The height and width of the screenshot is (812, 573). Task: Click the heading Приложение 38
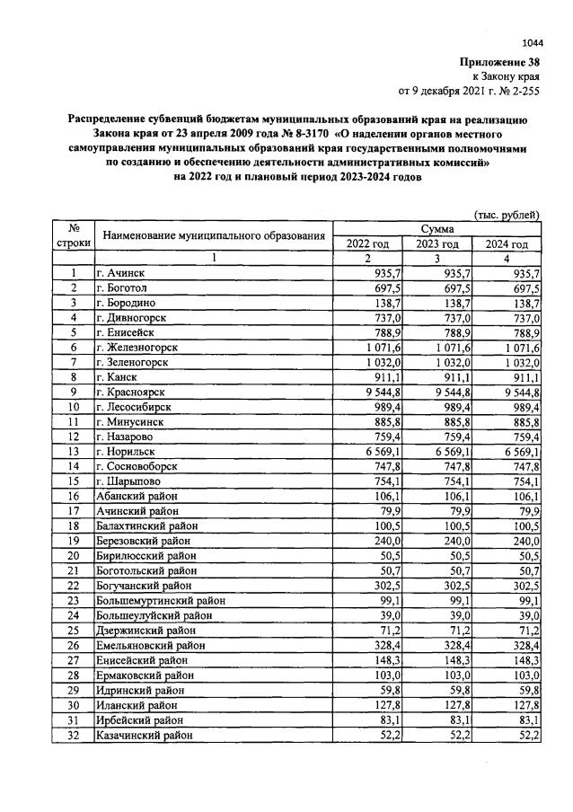click(500, 63)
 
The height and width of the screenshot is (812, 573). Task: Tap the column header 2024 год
click(507, 244)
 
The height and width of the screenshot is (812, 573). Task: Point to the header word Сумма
click(436, 230)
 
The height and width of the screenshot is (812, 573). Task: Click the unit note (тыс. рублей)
click(507, 215)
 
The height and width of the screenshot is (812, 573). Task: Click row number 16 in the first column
click(72, 495)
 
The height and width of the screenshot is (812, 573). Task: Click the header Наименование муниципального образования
click(213, 236)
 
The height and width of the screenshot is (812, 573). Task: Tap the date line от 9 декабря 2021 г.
click(468, 92)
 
